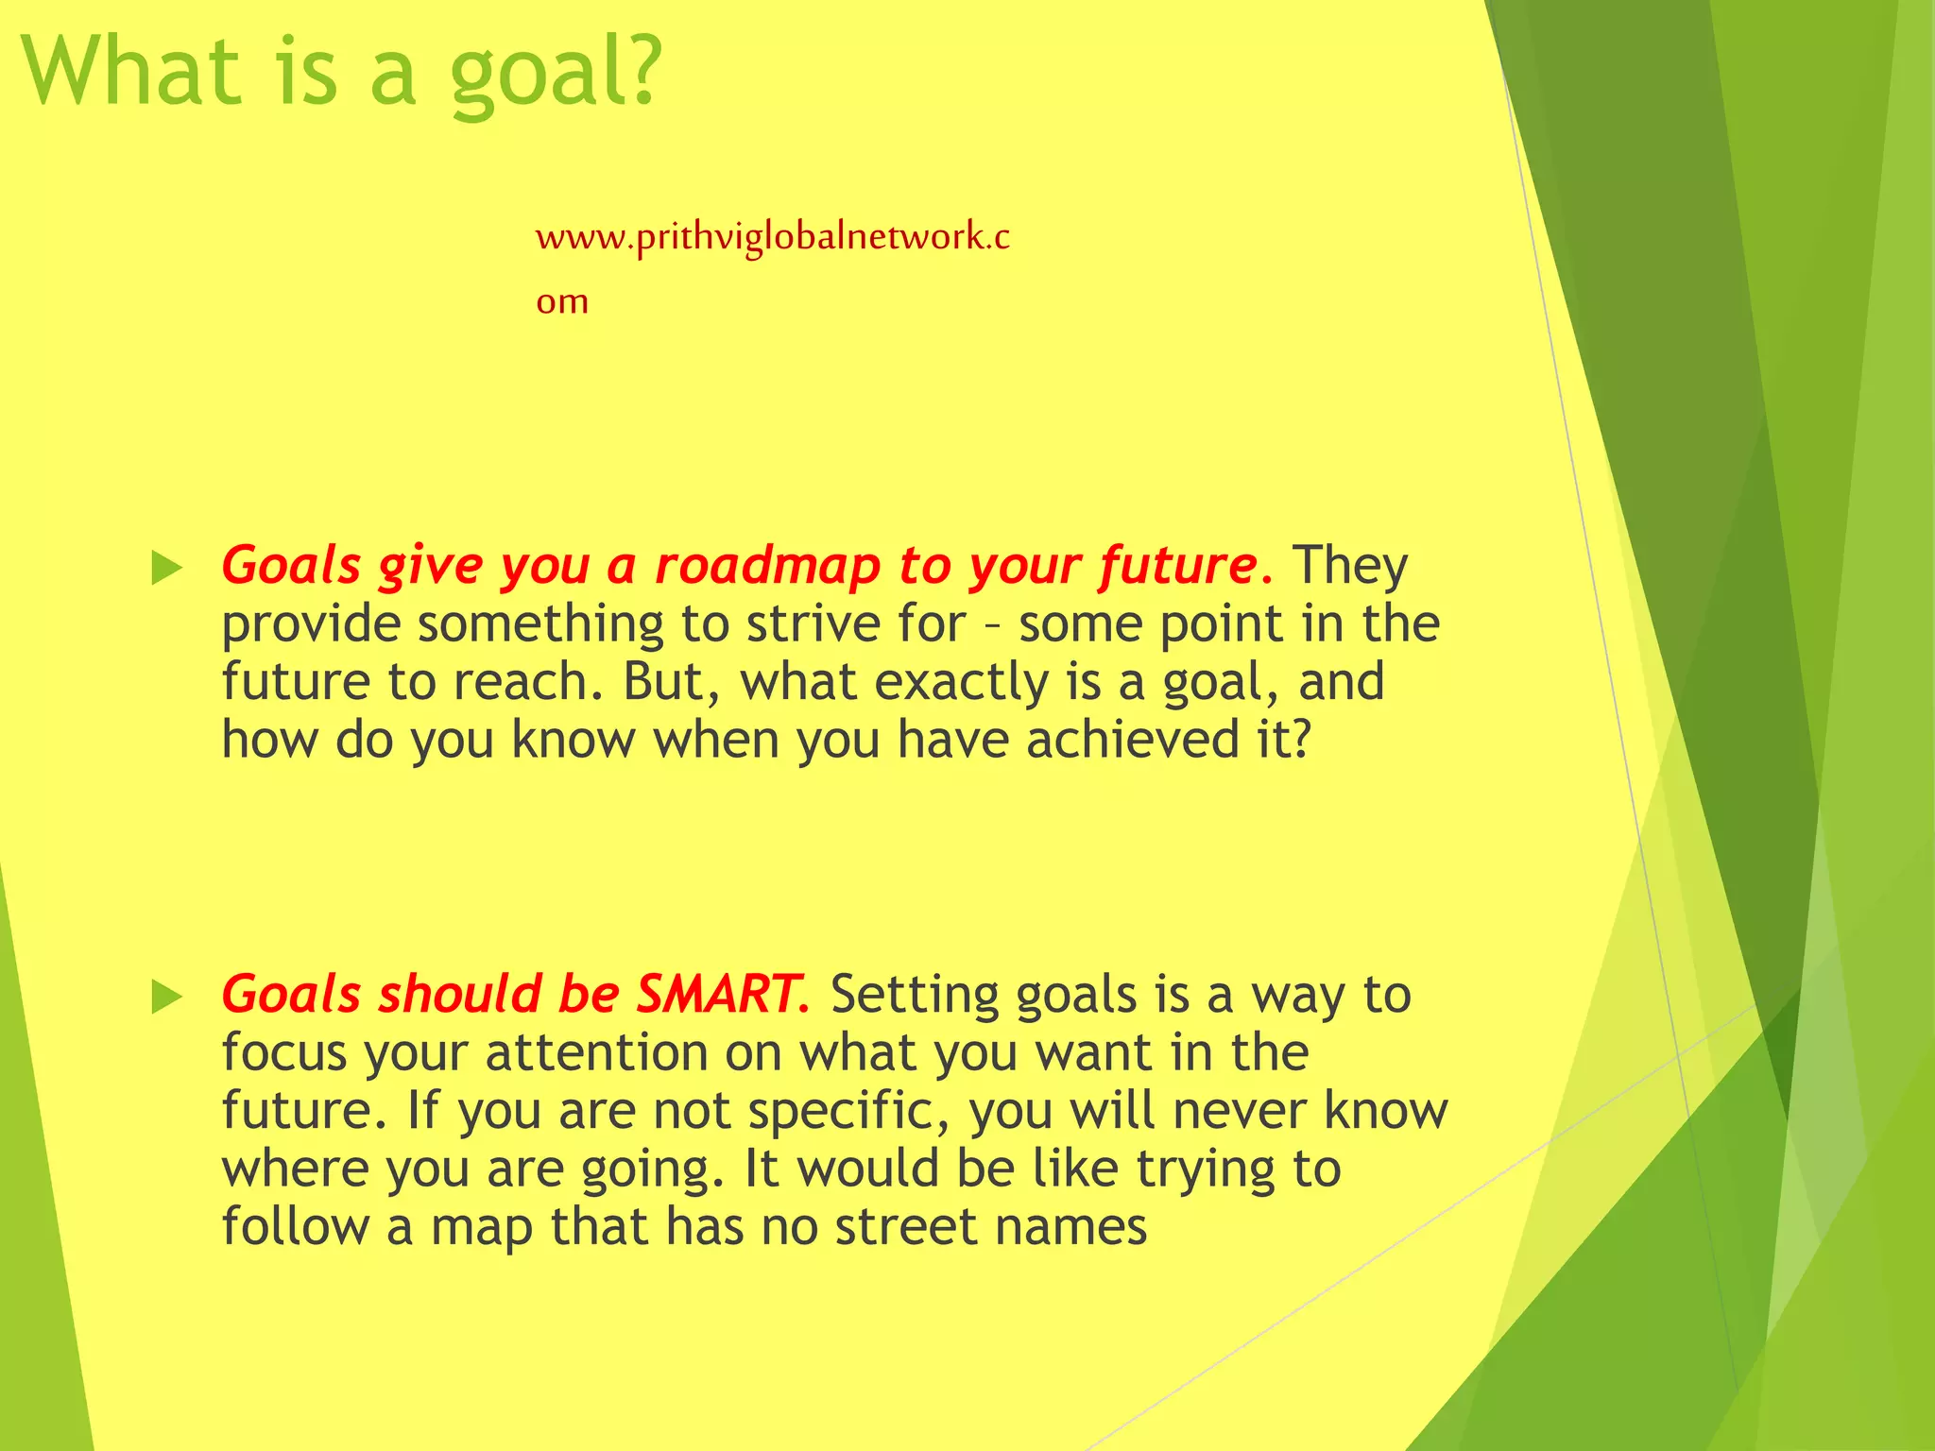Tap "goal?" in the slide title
click(x=555, y=76)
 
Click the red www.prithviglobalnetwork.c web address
click(x=772, y=236)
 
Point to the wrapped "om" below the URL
click(x=562, y=302)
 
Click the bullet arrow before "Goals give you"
click(x=166, y=569)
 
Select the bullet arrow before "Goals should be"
click(x=166, y=998)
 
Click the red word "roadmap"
click(x=767, y=567)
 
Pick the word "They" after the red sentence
click(x=1350, y=566)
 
